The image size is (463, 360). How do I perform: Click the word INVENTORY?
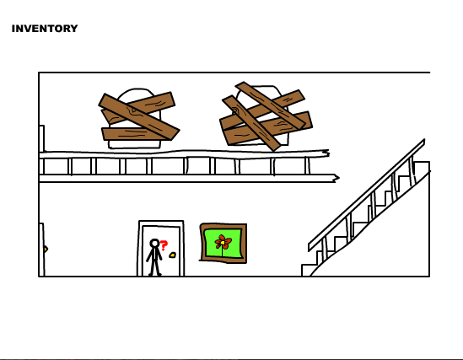coord(45,29)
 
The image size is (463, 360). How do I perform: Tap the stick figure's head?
coord(154,243)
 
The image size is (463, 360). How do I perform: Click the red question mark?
coord(164,245)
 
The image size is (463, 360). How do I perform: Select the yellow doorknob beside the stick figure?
coord(172,255)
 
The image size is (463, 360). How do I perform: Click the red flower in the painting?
coord(223,242)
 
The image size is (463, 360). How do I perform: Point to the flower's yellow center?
coord(223,243)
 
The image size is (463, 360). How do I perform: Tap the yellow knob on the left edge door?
coord(46,250)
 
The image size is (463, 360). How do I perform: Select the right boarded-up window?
coord(266,116)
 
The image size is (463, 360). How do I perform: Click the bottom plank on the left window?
coord(136,134)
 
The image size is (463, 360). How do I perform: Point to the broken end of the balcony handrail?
coord(326,153)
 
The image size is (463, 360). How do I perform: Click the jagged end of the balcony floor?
coord(336,178)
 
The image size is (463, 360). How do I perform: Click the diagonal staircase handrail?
coord(366,195)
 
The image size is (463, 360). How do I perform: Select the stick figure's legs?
coord(155,267)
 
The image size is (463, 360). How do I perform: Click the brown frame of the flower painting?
coord(223,226)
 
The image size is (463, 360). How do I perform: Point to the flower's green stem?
coord(223,252)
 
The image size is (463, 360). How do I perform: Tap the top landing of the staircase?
coord(422,165)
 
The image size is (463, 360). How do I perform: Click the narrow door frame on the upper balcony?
coord(41,138)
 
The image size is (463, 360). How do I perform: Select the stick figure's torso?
coord(154,254)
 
